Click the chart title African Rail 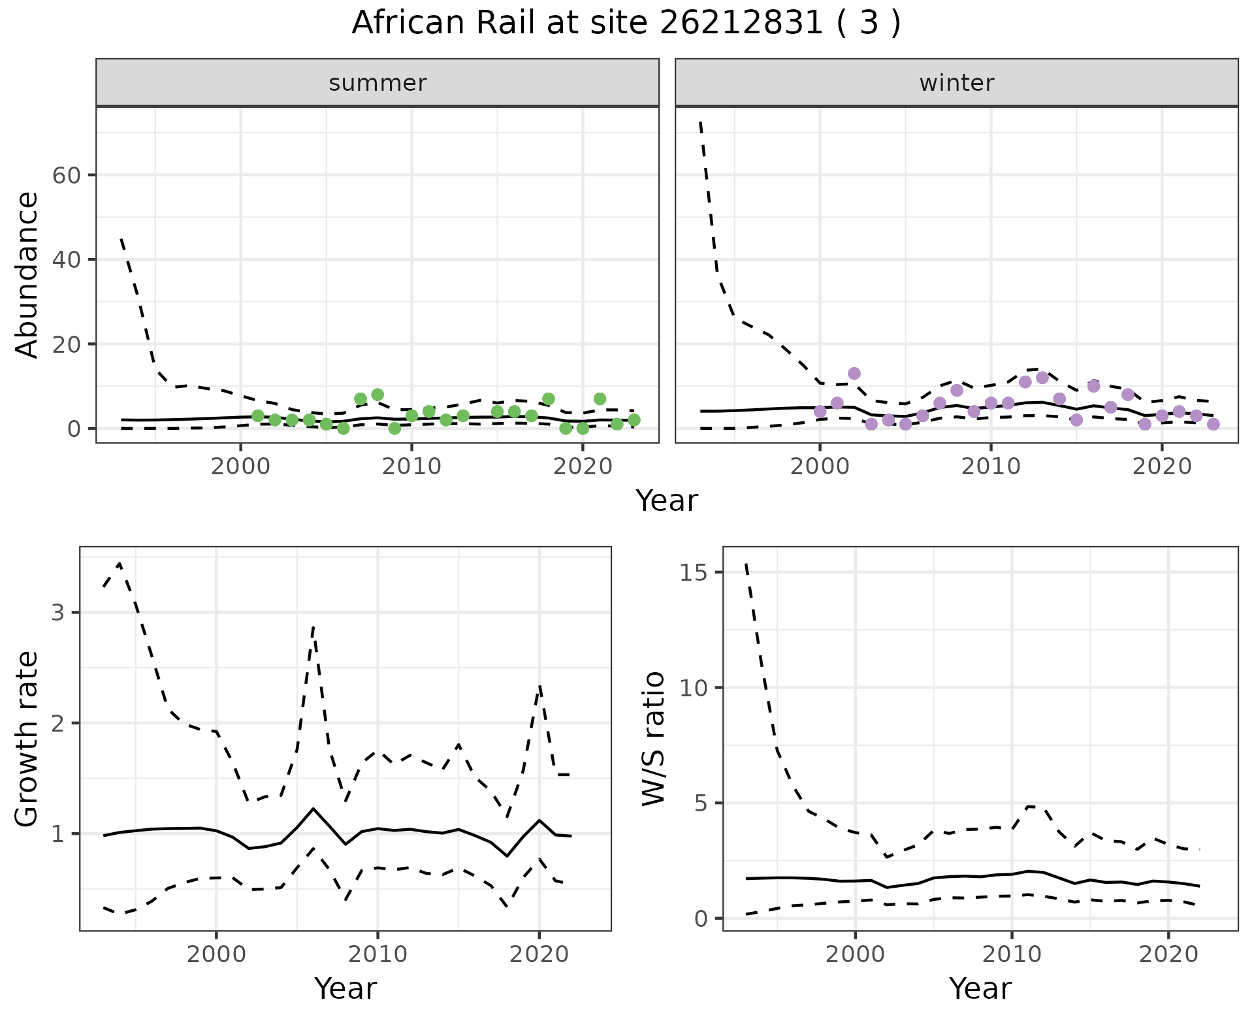[x=626, y=24]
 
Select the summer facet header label [x=378, y=83]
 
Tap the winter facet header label [x=956, y=83]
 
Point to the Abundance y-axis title [x=27, y=274]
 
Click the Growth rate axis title [x=27, y=739]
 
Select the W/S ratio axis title [x=654, y=739]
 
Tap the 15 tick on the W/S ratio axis [x=694, y=572]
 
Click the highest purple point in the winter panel [x=854, y=374]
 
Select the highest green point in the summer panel [x=378, y=395]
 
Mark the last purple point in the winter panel [x=1213, y=425]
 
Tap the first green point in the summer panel [x=258, y=416]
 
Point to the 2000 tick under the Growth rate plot [x=216, y=954]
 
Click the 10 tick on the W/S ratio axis [x=694, y=687]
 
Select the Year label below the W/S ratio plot [x=980, y=988]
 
